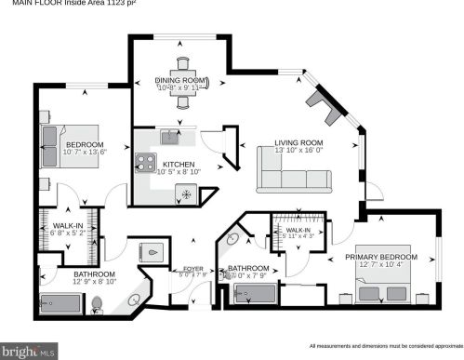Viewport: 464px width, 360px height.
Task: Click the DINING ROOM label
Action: click(x=181, y=81)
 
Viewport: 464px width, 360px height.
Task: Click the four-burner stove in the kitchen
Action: click(x=146, y=163)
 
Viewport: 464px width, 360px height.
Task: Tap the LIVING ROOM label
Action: click(x=298, y=143)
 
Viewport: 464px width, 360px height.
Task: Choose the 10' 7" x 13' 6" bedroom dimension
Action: click(x=86, y=151)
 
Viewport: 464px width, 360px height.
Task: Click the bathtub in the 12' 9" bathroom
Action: click(x=60, y=302)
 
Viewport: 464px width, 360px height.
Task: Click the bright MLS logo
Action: click(x=29, y=351)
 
